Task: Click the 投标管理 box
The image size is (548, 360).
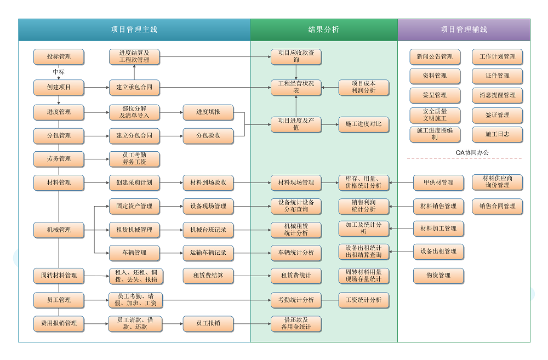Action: click(x=59, y=56)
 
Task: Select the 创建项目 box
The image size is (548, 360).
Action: click(x=59, y=87)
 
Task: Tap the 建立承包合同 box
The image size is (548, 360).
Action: click(x=134, y=87)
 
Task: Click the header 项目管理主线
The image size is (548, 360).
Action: click(x=134, y=30)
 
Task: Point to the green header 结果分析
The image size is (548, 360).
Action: click(x=324, y=30)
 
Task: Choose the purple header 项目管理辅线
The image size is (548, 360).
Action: click(x=464, y=30)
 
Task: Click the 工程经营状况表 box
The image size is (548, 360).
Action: click(x=296, y=87)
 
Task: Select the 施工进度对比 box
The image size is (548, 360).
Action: click(x=364, y=124)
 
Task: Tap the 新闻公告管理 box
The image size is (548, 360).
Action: click(x=435, y=56)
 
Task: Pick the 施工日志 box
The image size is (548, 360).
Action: click(x=498, y=134)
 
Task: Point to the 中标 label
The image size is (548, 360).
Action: click(x=59, y=72)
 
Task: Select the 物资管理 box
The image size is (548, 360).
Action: click(x=438, y=276)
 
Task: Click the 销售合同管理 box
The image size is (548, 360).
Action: click(x=498, y=207)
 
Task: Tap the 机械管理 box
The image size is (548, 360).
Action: click(x=59, y=230)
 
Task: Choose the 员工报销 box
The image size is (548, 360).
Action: click(x=208, y=323)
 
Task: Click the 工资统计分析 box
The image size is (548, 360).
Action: click(x=364, y=300)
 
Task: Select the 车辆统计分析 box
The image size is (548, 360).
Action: click(x=296, y=253)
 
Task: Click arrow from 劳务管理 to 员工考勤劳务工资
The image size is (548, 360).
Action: click(x=96, y=159)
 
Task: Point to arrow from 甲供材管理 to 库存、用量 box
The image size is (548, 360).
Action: click(x=401, y=182)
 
